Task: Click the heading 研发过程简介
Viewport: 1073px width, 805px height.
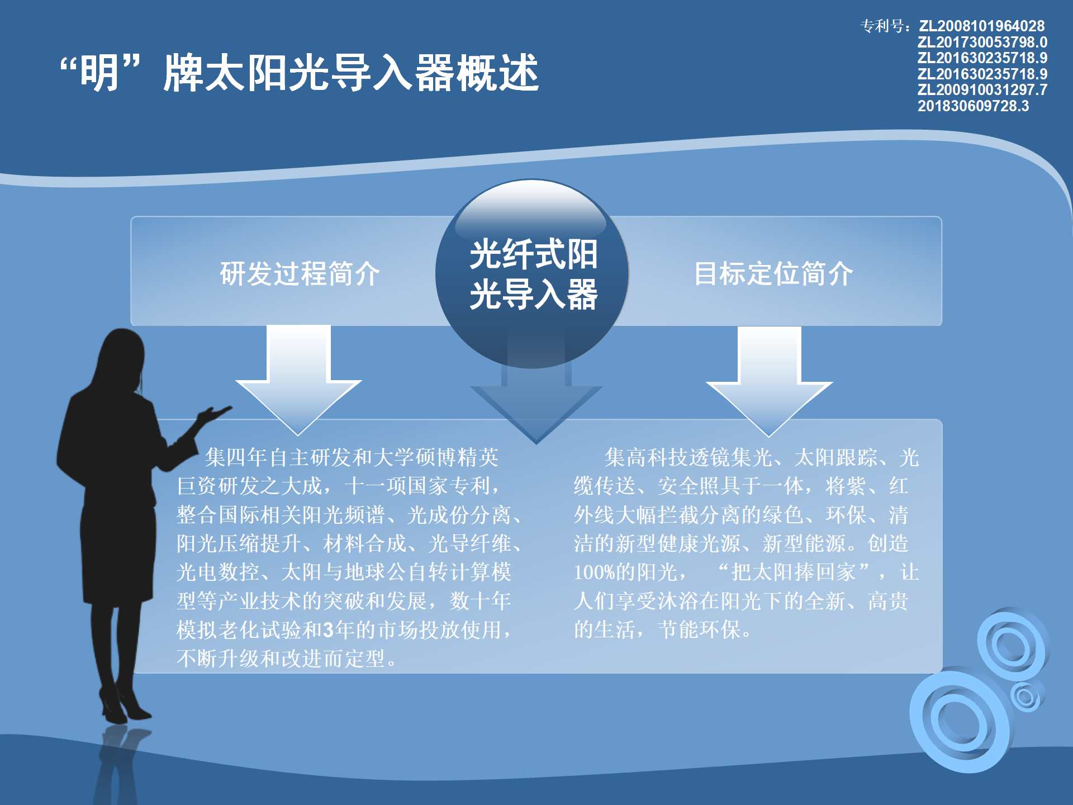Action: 300,273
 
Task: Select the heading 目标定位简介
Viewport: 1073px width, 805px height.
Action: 773,273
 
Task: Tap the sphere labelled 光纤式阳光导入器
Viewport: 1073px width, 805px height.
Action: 532,273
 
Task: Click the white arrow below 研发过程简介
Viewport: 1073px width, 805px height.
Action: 299,380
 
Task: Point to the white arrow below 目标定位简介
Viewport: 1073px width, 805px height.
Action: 770,381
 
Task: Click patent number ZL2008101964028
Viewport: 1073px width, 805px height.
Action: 982,26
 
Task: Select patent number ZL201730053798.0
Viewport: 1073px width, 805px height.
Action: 982,42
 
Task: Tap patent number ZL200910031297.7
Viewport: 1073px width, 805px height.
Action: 982,89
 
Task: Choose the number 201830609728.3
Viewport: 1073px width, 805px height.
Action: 973,106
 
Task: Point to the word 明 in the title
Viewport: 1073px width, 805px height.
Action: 99,73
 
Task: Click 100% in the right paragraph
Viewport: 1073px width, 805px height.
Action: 595,572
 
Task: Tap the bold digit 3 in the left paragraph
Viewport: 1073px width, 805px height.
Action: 329,630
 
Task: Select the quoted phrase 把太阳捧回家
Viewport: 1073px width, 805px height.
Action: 794,572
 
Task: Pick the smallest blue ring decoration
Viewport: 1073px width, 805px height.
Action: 1026,697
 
